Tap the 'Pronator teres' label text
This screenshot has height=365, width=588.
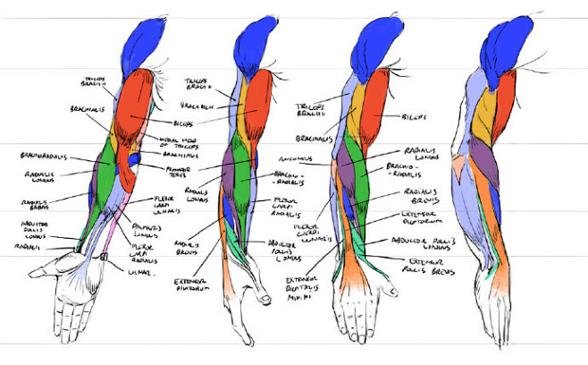[181, 169]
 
